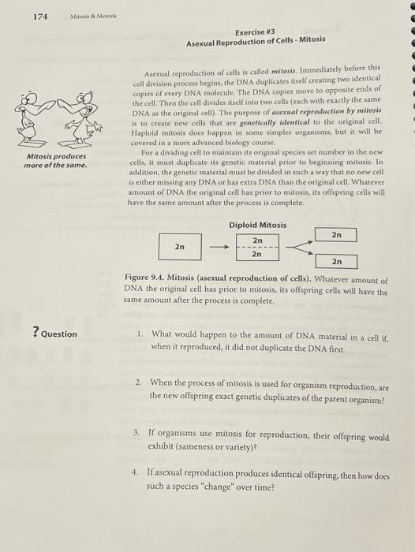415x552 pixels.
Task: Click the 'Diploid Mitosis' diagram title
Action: pyautogui.click(x=257, y=225)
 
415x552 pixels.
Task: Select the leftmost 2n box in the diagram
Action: pyautogui.click(x=180, y=246)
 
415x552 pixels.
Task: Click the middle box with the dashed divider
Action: pyautogui.click(x=257, y=246)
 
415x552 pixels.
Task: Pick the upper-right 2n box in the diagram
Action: pyautogui.click(x=336, y=234)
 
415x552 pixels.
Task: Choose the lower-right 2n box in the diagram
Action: pyautogui.click(x=336, y=261)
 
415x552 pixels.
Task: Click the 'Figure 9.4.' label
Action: pyautogui.click(x=147, y=281)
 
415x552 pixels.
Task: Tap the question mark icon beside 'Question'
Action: pyautogui.click(x=35, y=333)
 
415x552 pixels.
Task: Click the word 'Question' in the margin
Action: pyautogui.click(x=59, y=334)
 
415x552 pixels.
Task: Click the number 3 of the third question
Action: pyautogui.click(x=136, y=433)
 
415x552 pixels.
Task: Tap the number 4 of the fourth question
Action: pyautogui.click(x=135, y=471)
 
